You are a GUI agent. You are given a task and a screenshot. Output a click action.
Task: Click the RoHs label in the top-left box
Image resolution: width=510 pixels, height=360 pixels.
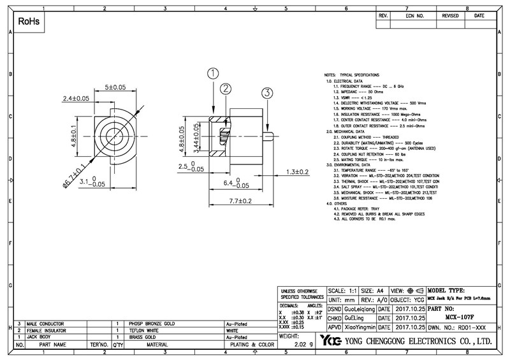coord(28,22)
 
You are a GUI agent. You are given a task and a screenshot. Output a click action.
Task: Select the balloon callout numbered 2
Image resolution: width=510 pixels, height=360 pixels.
coord(225,89)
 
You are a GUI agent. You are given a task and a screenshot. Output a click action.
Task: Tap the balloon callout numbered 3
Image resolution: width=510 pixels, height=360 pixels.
coord(266,92)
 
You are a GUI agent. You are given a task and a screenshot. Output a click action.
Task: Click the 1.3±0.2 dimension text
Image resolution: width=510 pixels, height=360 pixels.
coord(297,172)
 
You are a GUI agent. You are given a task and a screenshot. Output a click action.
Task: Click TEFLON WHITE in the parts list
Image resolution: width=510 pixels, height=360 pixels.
coord(145,331)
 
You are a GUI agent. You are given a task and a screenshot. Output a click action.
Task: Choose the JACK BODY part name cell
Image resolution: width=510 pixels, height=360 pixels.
coord(42,338)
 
